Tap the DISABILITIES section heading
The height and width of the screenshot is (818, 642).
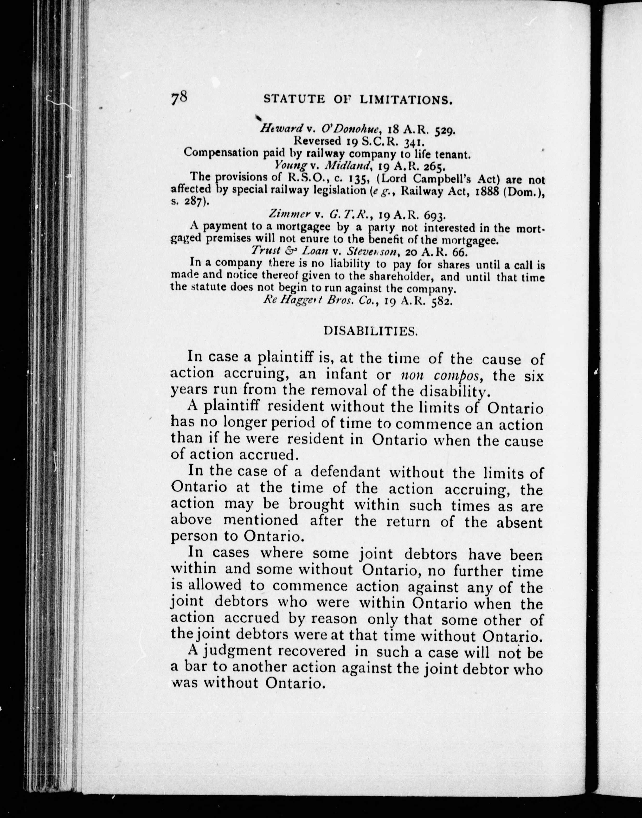click(x=370, y=331)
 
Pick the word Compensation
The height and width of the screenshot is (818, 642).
click(x=216, y=153)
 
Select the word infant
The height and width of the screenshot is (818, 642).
click(x=346, y=375)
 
